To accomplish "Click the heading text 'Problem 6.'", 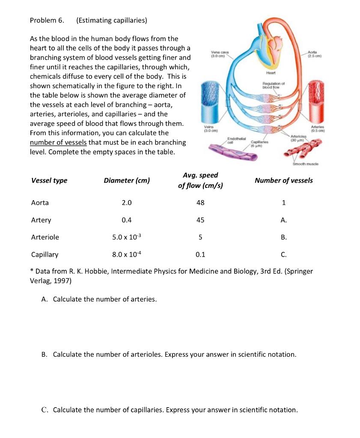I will pos(47,20).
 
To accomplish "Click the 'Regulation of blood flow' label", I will pos(270,85).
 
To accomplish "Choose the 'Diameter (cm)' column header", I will pos(127,181).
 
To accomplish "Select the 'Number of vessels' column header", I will pos(283,181).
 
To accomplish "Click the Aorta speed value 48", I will pos(200,203).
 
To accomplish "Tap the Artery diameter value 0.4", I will pos(127,220).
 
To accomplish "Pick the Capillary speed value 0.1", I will pos(200,255).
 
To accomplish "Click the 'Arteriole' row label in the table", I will pos(45,237).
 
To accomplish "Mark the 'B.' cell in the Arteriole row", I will pos(283,237).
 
